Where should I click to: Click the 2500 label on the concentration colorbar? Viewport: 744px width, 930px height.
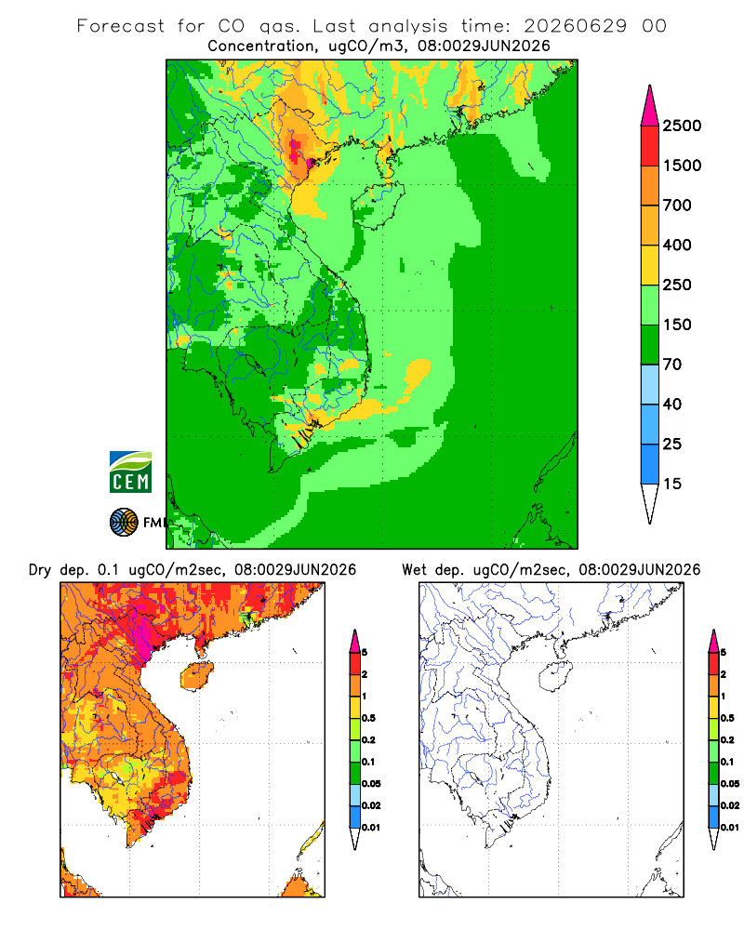point(682,126)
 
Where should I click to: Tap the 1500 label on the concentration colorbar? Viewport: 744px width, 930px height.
point(682,166)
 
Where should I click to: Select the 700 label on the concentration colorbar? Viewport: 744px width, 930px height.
point(677,206)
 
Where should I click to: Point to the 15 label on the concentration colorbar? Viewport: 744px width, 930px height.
point(672,484)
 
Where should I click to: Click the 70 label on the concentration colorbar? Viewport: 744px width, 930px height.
point(672,365)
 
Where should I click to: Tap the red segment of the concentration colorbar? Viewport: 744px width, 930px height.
point(650,146)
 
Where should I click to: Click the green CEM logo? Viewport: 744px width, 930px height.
point(130,472)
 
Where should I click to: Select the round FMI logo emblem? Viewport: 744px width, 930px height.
point(124,523)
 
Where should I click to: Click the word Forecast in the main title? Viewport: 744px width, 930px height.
point(121,26)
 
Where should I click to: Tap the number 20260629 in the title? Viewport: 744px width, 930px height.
point(575,26)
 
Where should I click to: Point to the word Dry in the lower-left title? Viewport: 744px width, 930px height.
point(40,570)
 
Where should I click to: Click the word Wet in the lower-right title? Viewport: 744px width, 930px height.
point(415,570)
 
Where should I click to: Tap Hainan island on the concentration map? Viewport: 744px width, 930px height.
point(378,206)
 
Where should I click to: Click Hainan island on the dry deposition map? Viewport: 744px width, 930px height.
point(196,676)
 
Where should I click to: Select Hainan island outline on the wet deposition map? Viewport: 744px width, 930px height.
point(555,676)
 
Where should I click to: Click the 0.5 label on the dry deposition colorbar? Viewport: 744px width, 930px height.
point(368,718)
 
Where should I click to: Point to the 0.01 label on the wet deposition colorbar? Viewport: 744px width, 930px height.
point(730,828)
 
